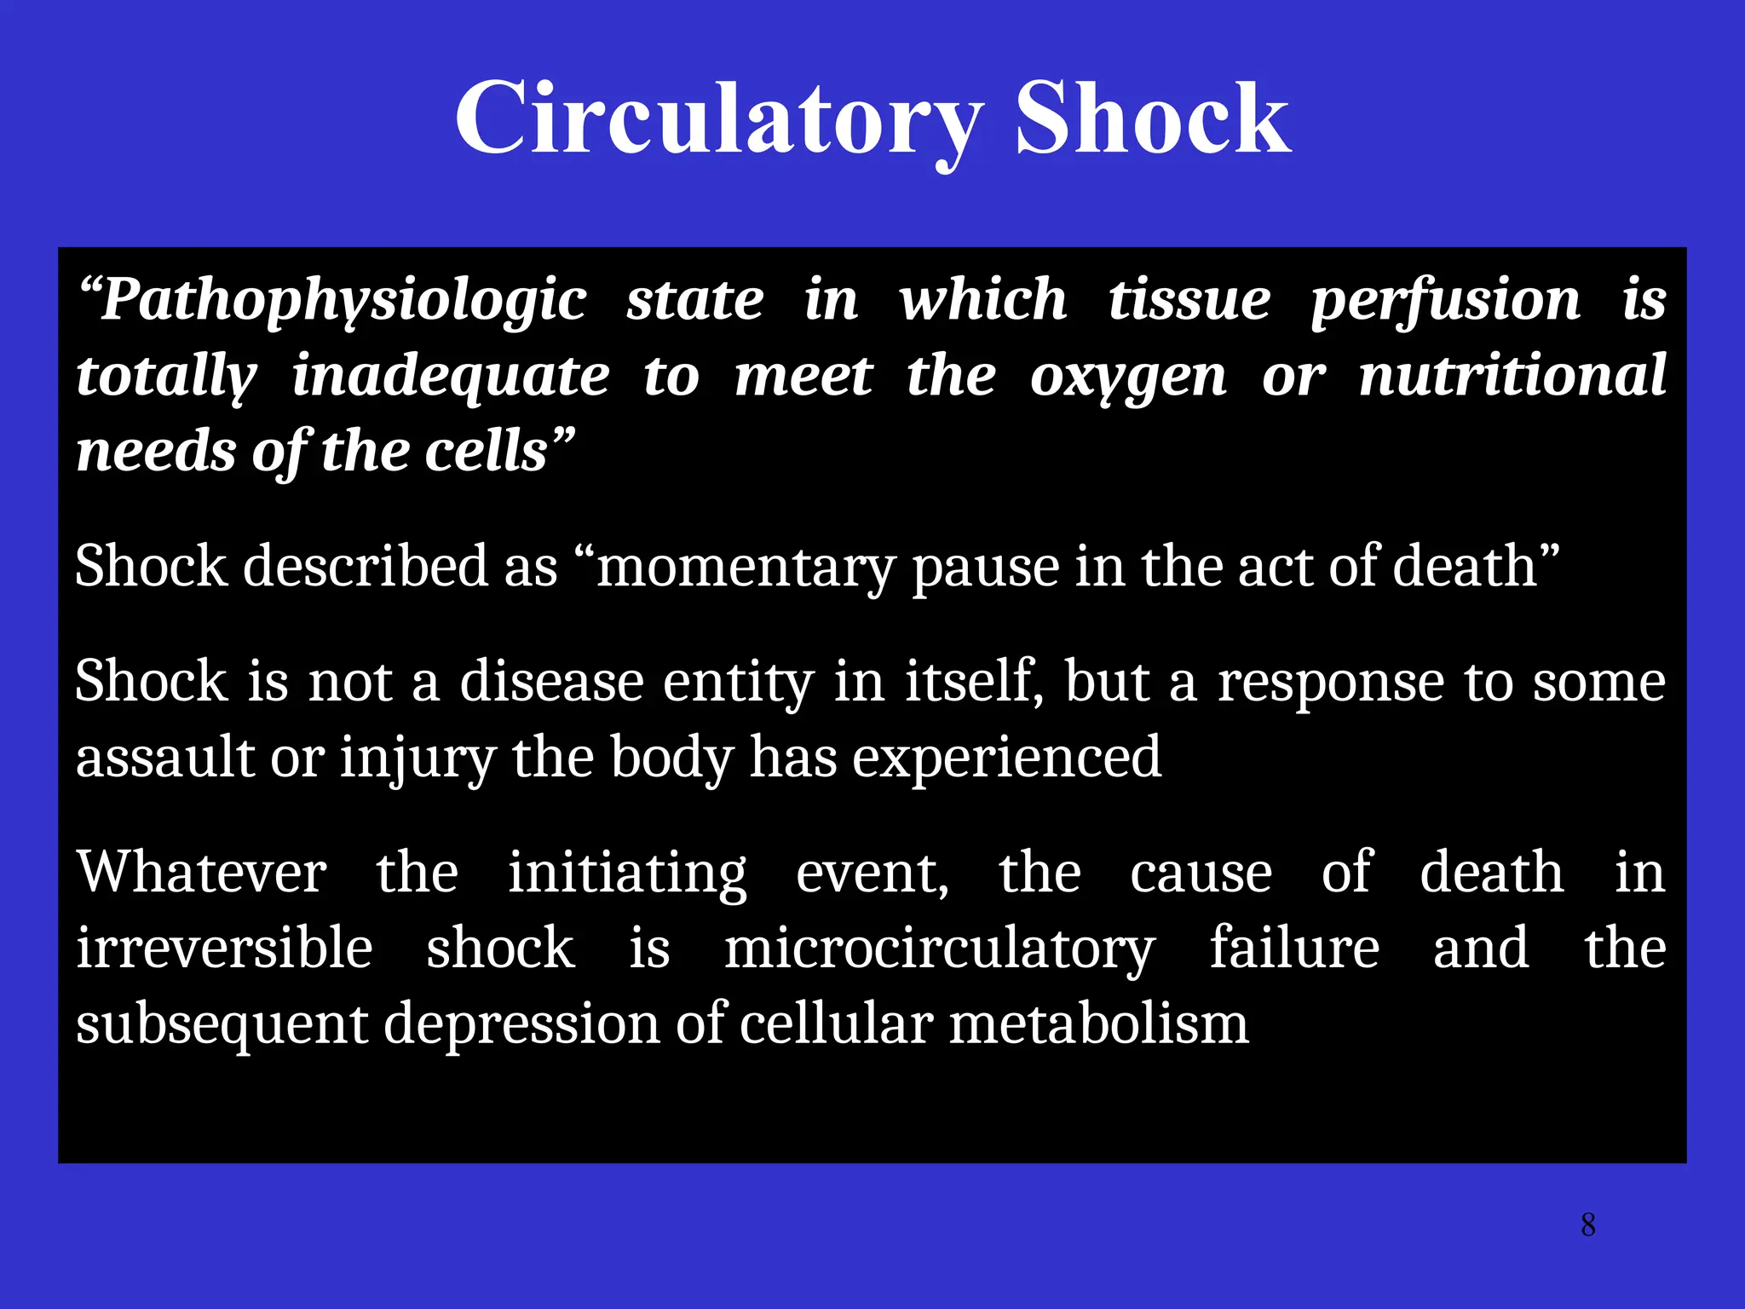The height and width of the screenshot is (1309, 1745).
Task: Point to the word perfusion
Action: [x=1446, y=300]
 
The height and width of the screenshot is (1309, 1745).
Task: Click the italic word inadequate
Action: [x=451, y=376]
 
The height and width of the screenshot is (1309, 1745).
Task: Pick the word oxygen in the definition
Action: [x=1128, y=376]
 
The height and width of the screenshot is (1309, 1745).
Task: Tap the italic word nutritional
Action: [x=1512, y=376]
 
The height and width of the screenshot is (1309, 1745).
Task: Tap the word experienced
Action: [x=1006, y=757]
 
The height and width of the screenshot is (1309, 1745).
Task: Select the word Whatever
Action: [x=201, y=872]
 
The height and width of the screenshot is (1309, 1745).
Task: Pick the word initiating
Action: [x=627, y=872]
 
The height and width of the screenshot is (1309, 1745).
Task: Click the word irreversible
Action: [x=224, y=948]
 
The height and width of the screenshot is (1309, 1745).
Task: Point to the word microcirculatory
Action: [x=939, y=948]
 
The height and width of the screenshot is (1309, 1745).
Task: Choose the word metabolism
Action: [x=1098, y=1024]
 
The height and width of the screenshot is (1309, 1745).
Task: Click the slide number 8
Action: [x=1588, y=1225]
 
